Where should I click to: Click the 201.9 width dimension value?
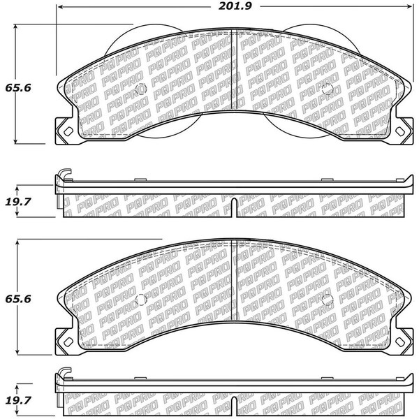235,6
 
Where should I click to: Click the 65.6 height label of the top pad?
18,88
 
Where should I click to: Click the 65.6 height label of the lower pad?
18,299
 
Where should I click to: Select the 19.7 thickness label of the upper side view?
18,202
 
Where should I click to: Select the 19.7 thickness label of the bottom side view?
18,401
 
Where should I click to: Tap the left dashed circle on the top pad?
141,89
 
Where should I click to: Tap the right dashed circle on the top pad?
328,89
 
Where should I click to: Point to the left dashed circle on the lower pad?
141,300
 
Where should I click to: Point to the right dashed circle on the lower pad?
328,300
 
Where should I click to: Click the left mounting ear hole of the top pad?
68,131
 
